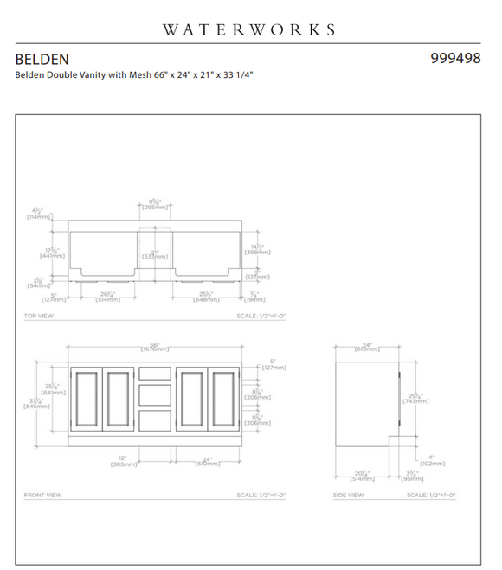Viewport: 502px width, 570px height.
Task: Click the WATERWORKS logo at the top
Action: click(x=249, y=29)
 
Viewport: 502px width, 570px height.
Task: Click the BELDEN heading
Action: click(x=41, y=60)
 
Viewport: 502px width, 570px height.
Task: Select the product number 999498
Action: click(x=455, y=60)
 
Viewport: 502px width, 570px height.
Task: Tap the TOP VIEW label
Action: click(x=38, y=317)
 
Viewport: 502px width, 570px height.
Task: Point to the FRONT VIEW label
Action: click(x=42, y=496)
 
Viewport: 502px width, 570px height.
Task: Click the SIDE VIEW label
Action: click(x=351, y=496)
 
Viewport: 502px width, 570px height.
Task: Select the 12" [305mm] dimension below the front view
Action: click(x=122, y=462)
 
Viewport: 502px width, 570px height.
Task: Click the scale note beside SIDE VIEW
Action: click(x=431, y=496)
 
